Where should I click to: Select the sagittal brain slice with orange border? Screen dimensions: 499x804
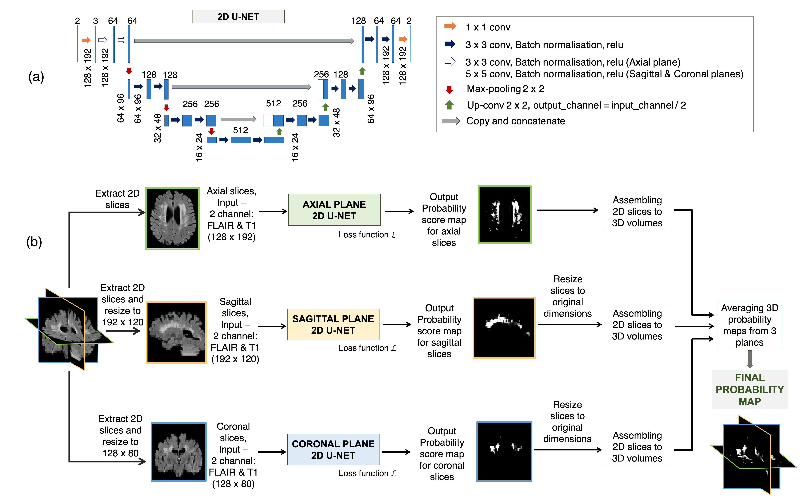[176, 332]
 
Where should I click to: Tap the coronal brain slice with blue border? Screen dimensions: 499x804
[178, 452]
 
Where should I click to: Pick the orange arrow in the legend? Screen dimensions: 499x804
[450, 26]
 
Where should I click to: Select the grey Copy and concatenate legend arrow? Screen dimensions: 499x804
[451, 121]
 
